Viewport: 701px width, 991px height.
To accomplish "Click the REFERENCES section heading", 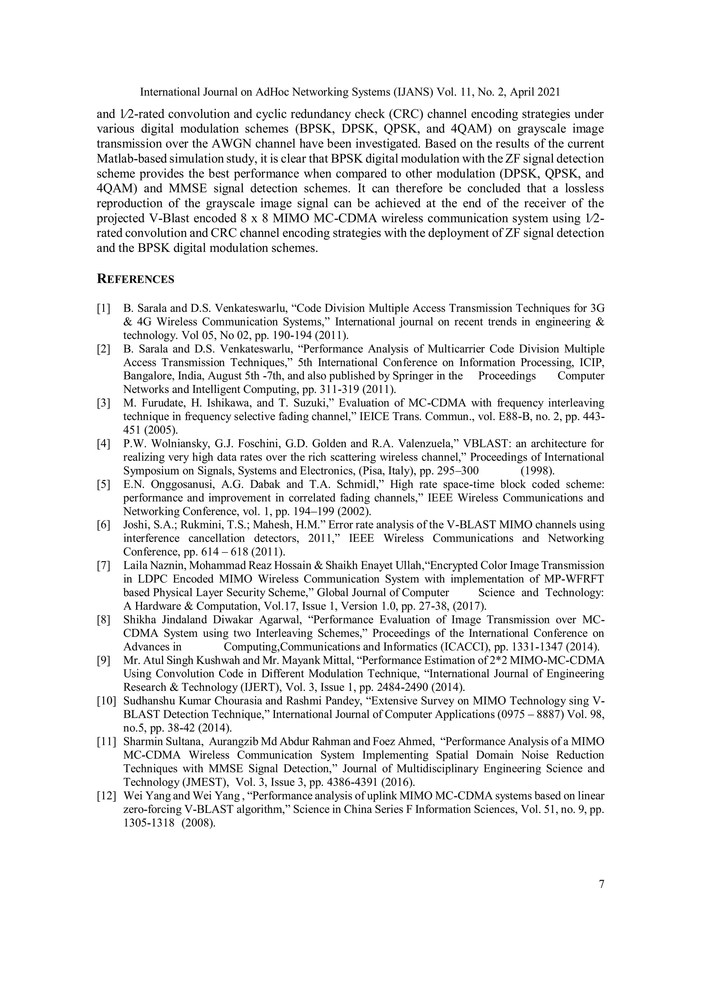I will [x=135, y=279].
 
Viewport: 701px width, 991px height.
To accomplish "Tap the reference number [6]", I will [x=104, y=525].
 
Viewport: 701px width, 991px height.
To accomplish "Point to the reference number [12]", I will [x=106, y=796].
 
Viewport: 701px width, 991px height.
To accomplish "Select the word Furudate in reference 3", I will [x=161, y=403].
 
